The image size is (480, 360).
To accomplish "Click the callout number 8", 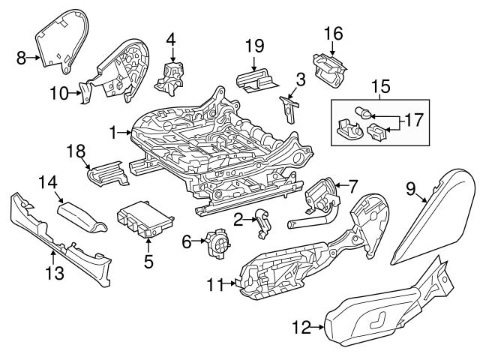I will coord(21,55).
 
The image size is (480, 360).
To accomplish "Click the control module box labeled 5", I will coord(145,221).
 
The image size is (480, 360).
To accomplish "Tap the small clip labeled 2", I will coord(262,223).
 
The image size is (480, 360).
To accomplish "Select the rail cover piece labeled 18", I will coord(108,172).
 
